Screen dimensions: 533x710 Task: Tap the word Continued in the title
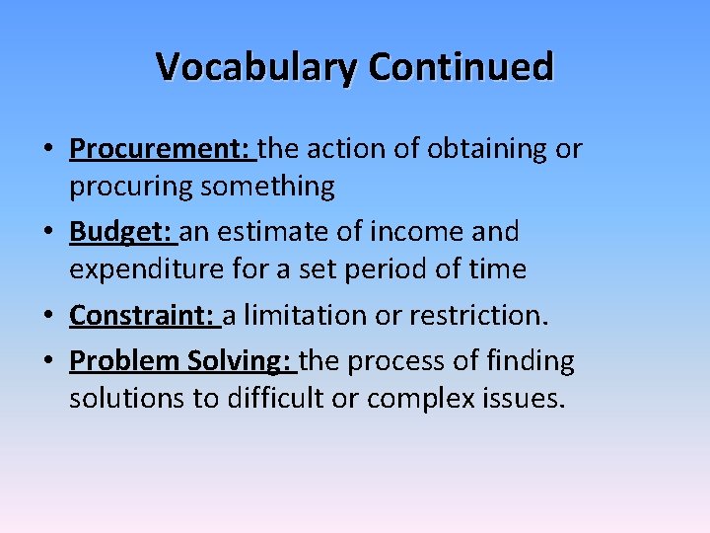[461, 67]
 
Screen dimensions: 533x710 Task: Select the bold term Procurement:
[160, 149]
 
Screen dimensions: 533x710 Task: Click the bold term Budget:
[120, 232]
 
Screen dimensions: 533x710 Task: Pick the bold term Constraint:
[142, 315]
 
